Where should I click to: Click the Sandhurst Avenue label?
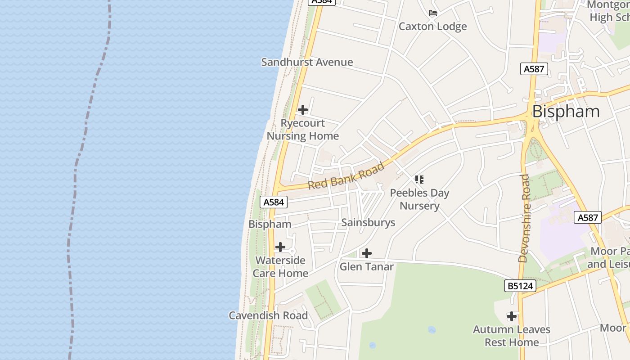pyautogui.click(x=307, y=62)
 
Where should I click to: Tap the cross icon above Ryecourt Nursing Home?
pyautogui.click(x=303, y=110)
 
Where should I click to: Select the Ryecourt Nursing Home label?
pyautogui.click(x=303, y=130)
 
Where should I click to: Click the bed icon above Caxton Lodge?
pyautogui.click(x=433, y=13)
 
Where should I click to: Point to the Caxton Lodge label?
pyautogui.click(x=433, y=26)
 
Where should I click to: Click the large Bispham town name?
pyautogui.click(x=566, y=112)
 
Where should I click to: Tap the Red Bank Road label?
pyautogui.click(x=346, y=176)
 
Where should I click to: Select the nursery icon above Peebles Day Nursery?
pyautogui.click(x=419, y=180)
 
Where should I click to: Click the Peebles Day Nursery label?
pyautogui.click(x=419, y=199)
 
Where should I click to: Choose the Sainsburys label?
pyautogui.click(x=368, y=222)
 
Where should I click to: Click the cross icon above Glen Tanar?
pyautogui.click(x=367, y=253)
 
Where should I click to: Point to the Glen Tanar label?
pyautogui.click(x=367, y=266)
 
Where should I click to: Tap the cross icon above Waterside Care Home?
pyautogui.click(x=280, y=247)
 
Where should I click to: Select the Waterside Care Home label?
pyautogui.click(x=280, y=267)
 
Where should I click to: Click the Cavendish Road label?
pyautogui.click(x=268, y=315)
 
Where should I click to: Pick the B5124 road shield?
pyautogui.click(x=520, y=286)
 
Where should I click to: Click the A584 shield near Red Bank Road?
pyautogui.click(x=274, y=202)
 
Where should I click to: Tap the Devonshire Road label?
pyautogui.click(x=524, y=218)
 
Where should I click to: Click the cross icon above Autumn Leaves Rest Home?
pyautogui.click(x=512, y=316)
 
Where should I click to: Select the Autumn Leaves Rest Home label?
pyautogui.click(x=512, y=336)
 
